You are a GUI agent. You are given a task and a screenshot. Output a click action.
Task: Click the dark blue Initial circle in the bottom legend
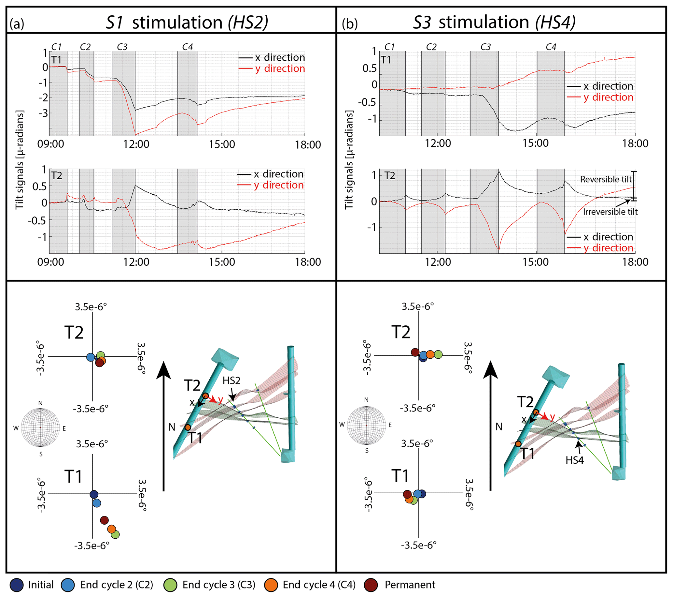(17, 585)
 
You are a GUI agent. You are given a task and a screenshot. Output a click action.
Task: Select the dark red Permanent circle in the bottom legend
(371, 585)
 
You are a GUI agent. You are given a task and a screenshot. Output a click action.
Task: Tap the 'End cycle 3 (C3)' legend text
(219, 585)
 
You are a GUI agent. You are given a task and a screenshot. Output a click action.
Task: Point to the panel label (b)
(350, 24)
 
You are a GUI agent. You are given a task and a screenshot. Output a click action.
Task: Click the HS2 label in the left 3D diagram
(231, 381)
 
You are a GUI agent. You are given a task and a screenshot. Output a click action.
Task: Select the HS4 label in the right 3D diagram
(575, 460)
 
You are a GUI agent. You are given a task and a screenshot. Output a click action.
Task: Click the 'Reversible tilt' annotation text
(606, 179)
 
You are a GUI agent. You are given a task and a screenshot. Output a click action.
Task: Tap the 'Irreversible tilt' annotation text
(610, 212)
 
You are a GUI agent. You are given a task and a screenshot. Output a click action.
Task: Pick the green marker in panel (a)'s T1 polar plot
(115, 534)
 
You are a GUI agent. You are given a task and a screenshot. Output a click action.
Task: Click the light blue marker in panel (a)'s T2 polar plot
(91, 357)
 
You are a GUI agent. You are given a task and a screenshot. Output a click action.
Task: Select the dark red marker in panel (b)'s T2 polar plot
(415, 352)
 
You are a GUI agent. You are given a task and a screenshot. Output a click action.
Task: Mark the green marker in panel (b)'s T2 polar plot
(438, 355)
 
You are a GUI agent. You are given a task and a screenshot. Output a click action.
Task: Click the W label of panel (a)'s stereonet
(16, 428)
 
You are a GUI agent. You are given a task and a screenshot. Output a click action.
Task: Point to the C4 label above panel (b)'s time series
(551, 47)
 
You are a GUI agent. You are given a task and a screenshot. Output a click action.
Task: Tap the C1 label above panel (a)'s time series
(56, 47)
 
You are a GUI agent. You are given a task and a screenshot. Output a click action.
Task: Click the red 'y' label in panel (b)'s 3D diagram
(552, 417)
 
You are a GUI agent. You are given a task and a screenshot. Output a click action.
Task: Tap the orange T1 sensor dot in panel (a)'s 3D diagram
(188, 427)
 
